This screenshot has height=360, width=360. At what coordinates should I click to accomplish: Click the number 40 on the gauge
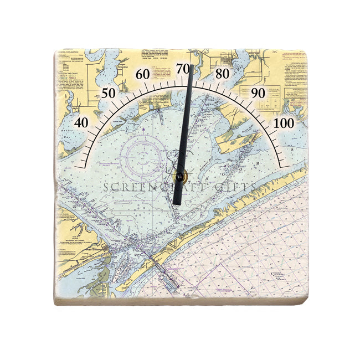pos(81,122)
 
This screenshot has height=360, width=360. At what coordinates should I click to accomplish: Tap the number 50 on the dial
pos(109,92)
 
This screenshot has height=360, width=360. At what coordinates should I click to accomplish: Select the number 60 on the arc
pos(142,74)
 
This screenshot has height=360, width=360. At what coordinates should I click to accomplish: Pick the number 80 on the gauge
pos(223,74)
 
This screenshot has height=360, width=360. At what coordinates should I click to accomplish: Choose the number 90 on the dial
pos(258,92)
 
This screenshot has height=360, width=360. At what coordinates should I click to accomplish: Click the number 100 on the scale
pos(285,122)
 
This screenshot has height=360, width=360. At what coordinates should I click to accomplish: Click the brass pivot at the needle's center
pos(179,177)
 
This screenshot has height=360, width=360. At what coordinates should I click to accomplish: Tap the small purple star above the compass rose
pos(143,130)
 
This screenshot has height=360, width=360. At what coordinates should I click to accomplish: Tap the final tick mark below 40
pos(81,165)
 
